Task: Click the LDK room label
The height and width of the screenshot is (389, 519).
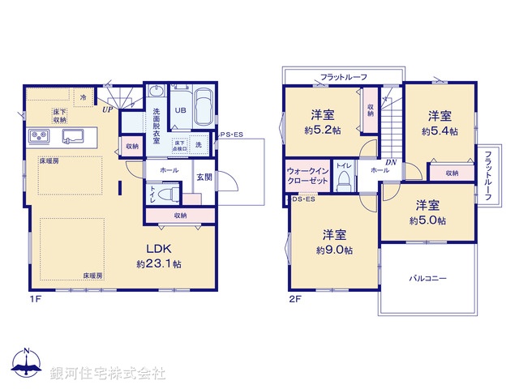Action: pyautogui.click(x=159, y=249)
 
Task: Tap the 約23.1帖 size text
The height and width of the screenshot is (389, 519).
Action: pyautogui.click(x=159, y=264)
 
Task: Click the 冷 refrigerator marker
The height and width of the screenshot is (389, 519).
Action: pyautogui.click(x=83, y=96)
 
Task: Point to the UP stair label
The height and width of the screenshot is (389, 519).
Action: pyautogui.click(x=107, y=108)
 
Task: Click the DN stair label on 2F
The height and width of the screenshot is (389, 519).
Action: pyautogui.click(x=391, y=163)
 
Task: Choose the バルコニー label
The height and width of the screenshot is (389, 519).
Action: pyautogui.click(x=427, y=278)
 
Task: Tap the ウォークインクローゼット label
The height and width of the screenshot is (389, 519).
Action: pyautogui.click(x=307, y=177)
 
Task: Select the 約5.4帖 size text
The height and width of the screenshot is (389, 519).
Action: pyautogui.click(x=440, y=130)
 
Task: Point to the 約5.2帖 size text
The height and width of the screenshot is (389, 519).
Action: pyautogui.click(x=324, y=130)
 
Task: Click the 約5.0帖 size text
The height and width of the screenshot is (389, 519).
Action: pyautogui.click(x=427, y=220)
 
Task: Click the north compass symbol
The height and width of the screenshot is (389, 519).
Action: pyautogui.click(x=27, y=365)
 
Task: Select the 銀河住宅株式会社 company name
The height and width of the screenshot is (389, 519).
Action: pyautogui.click(x=108, y=374)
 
